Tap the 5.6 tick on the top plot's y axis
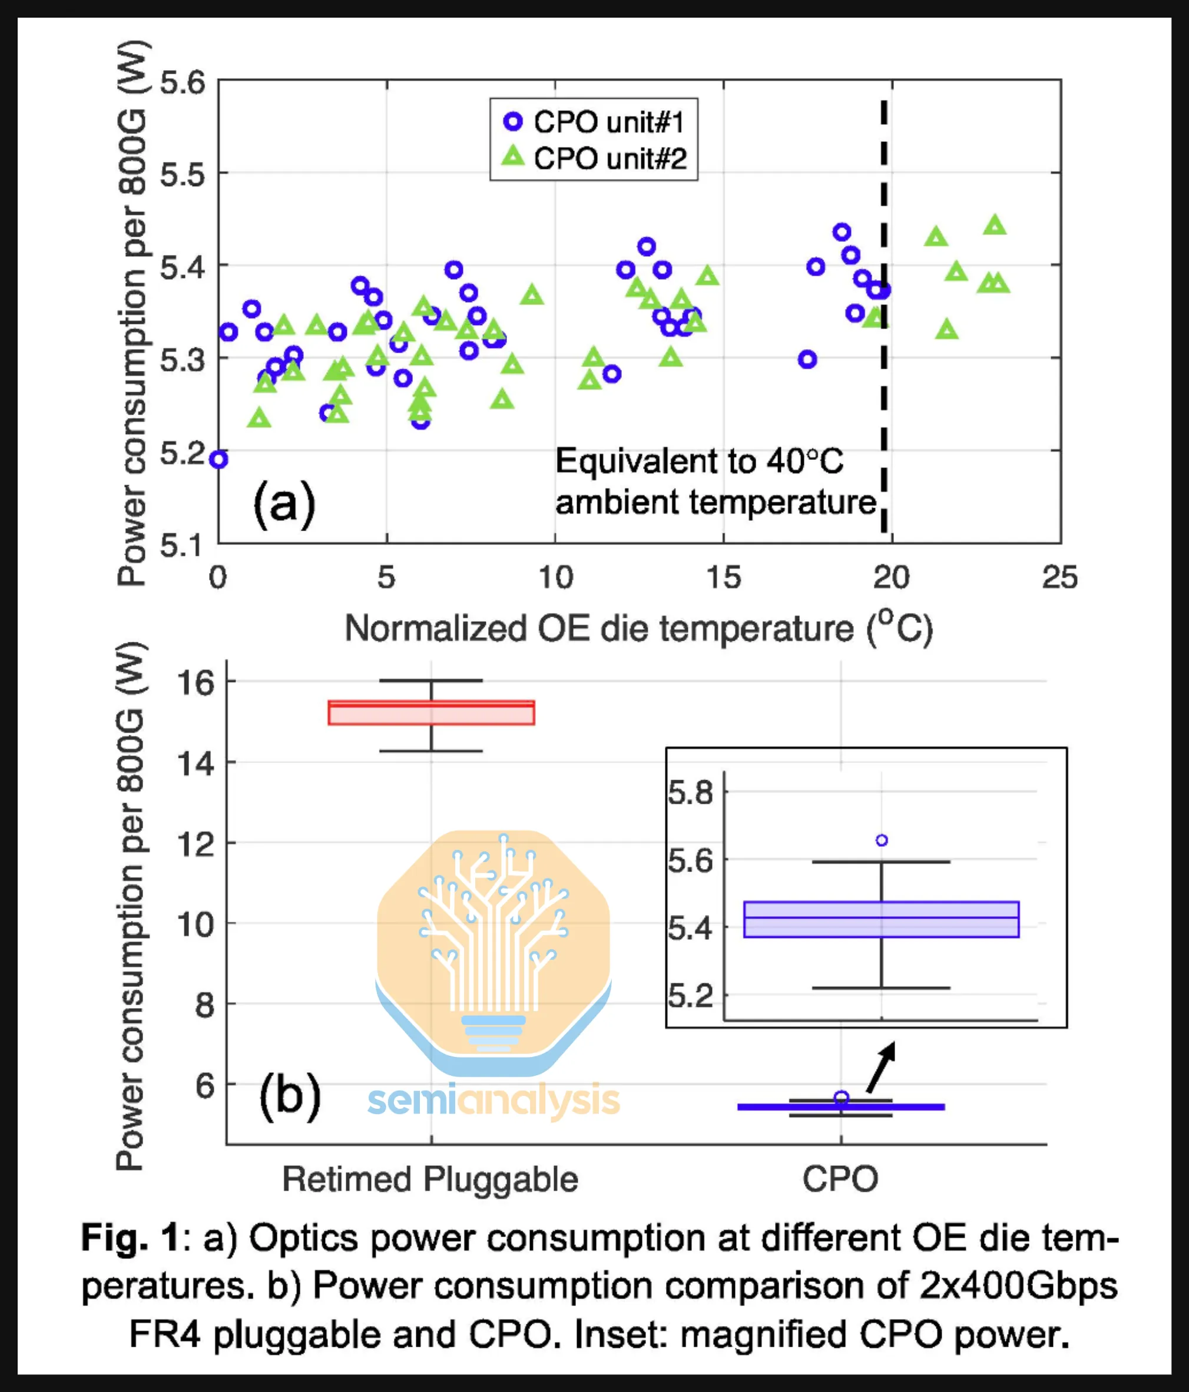[182, 83]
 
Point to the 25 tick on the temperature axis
[1059, 578]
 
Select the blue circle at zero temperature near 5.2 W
[219, 459]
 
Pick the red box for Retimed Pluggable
[431, 713]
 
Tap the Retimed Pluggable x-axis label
[430, 1179]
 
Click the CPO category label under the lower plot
[840, 1179]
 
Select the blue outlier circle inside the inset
[882, 840]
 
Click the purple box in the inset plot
[882, 919]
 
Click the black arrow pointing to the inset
[880, 1068]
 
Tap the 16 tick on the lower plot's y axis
[195, 682]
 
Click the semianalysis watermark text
[494, 1100]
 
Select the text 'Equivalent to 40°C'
[699, 462]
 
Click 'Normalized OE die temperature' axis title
[598, 629]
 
